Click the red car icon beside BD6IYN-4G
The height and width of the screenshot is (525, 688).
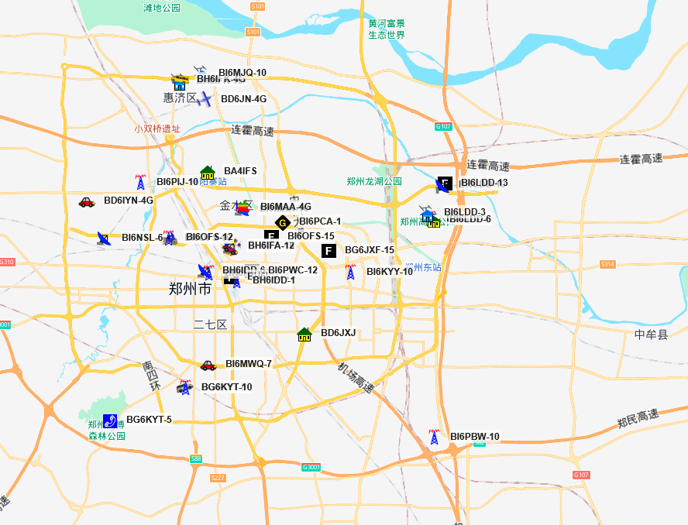(86, 202)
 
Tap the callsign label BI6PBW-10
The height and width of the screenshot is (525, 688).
(475, 437)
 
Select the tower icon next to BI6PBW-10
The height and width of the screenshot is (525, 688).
(434, 437)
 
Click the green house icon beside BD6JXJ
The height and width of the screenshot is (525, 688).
(304, 335)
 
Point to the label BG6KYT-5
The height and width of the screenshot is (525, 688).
(149, 420)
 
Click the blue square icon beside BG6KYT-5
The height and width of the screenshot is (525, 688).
(110, 420)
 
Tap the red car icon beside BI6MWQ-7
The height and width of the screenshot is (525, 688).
(208, 365)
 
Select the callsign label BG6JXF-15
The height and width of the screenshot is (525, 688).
(370, 250)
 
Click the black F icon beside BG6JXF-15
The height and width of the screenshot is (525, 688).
(329, 250)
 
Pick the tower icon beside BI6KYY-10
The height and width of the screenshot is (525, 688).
(350, 272)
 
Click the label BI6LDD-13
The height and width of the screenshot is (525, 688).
(484, 183)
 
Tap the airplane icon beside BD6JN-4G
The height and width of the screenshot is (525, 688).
(204, 99)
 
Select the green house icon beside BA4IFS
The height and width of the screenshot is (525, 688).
(208, 172)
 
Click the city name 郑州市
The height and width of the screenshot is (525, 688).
(190, 290)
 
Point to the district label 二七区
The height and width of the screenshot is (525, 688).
(210, 324)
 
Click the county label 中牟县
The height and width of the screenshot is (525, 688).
(651, 335)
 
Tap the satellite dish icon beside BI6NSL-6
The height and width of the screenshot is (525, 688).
(104, 238)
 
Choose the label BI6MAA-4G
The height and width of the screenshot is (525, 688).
(286, 207)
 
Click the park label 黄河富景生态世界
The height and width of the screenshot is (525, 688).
(387, 29)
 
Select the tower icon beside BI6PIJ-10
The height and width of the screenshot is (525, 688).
(140, 183)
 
